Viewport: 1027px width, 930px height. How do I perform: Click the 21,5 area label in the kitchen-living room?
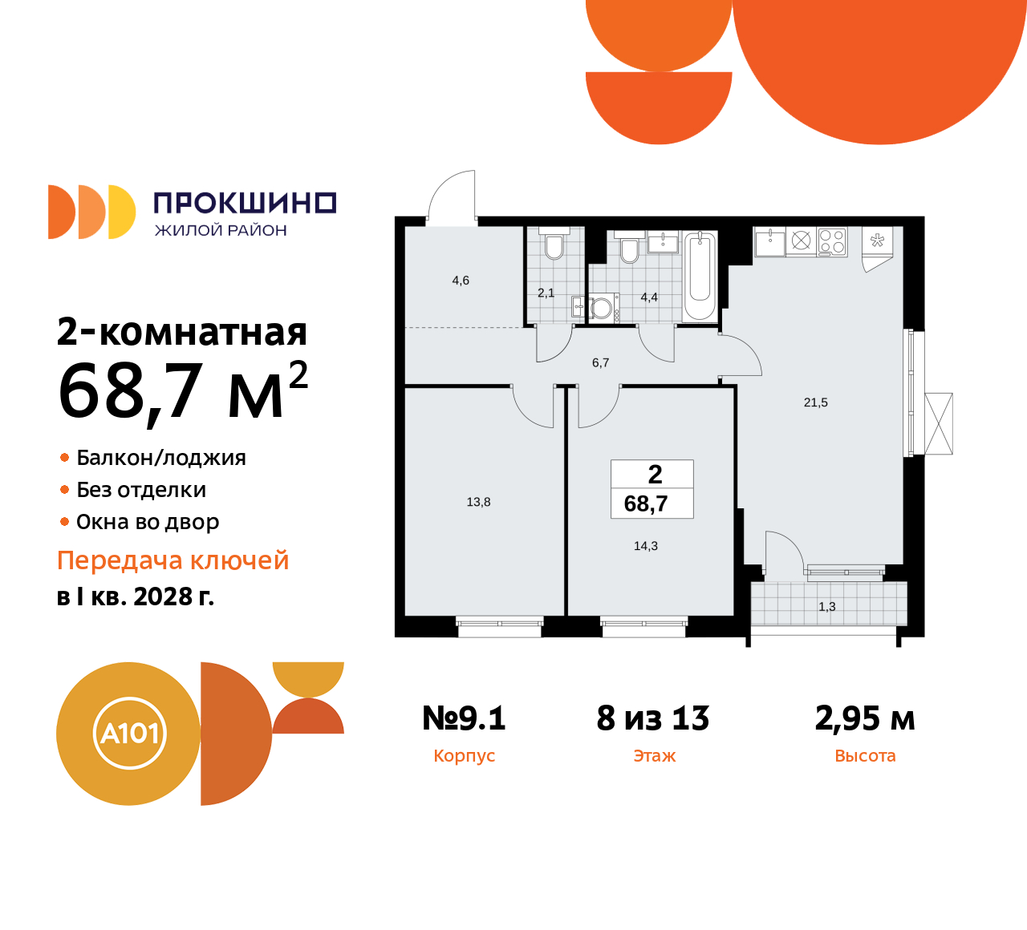[x=815, y=402]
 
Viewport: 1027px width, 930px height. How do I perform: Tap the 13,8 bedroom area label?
[x=478, y=502]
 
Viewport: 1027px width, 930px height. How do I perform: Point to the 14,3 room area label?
[x=646, y=546]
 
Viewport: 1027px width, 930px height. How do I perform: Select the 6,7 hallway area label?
[x=600, y=362]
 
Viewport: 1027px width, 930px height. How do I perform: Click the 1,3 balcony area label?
[x=826, y=607]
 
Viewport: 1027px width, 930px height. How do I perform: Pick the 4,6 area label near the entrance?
[x=461, y=281]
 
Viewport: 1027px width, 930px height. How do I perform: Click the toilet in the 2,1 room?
[x=554, y=246]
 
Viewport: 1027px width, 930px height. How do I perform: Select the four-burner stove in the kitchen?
[x=832, y=241]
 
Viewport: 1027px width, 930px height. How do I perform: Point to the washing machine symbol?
[x=601, y=308]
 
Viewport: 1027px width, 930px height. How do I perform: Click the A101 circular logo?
[x=129, y=733]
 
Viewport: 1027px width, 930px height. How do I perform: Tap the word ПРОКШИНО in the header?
[x=245, y=203]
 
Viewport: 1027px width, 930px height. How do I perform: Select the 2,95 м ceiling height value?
[x=865, y=718]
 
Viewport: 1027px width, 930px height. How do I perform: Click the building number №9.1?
[x=464, y=718]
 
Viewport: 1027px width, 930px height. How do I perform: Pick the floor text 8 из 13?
[x=653, y=718]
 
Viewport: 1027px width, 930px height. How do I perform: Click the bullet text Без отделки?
[x=141, y=490]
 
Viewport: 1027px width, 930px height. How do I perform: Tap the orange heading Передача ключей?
[x=173, y=560]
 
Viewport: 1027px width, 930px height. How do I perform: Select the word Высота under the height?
[x=865, y=756]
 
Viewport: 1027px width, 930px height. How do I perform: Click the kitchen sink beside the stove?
[x=769, y=241]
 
